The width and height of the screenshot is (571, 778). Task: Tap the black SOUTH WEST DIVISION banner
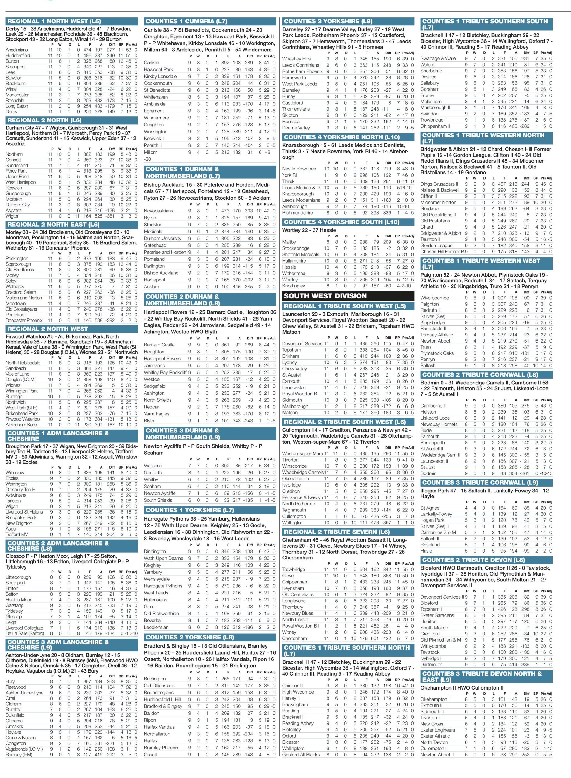(325, 296)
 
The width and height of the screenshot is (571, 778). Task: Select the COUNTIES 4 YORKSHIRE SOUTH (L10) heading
(341, 222)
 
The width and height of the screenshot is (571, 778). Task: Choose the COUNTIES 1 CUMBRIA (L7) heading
(186, 21)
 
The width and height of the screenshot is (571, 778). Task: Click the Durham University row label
(163, 239)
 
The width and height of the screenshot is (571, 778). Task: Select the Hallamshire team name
(294, 261)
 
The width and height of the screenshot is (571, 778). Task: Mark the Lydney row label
(289, 362)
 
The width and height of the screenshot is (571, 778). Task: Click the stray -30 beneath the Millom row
(148, 159)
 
